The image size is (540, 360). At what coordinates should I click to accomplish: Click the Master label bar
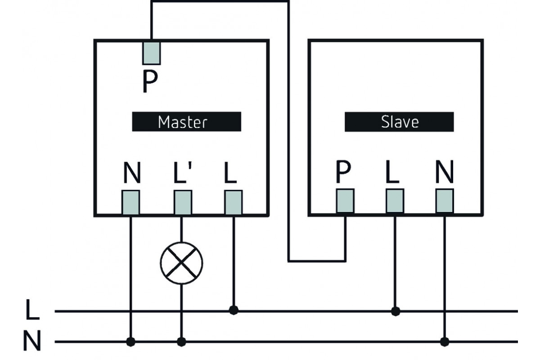pyautogui.click(x=186, y=121)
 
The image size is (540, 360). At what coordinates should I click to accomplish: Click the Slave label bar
pyautogui.click(x=399, y=121)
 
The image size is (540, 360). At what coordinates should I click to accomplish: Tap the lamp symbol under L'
pyautogui.click(x=181, y=263)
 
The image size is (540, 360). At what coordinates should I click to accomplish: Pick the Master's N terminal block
pyautogui.click(x=131, y=202)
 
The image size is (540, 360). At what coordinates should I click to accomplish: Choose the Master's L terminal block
pyautogui.click(x=233, y=202)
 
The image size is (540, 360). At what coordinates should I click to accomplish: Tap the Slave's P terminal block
pyautogui.click(x=345, y=201)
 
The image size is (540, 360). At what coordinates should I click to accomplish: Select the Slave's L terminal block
pyautogui.click(x=395, y=201)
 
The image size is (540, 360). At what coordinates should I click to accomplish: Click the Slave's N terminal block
pyautogui.click(x=445, y=201)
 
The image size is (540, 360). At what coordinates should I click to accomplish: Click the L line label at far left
pyautogui.click(x=32, y=311)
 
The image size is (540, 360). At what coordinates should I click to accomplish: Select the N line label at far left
pyautogui.click(x=32, y=342)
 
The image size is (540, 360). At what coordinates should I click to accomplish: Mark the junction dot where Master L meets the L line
pyautogui.click(x=233, y=310)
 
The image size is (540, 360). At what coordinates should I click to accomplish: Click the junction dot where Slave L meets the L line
pyautogui.click(x=395, y=310)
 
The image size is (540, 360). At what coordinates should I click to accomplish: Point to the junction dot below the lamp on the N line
pyautogui.click(x=181, y=342)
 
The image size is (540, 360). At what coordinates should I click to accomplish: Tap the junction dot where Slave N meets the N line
pyautogui.click(x=445, y=342)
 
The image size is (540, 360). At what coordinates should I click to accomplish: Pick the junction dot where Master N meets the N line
pyautogui.click(x=131, y=342)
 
